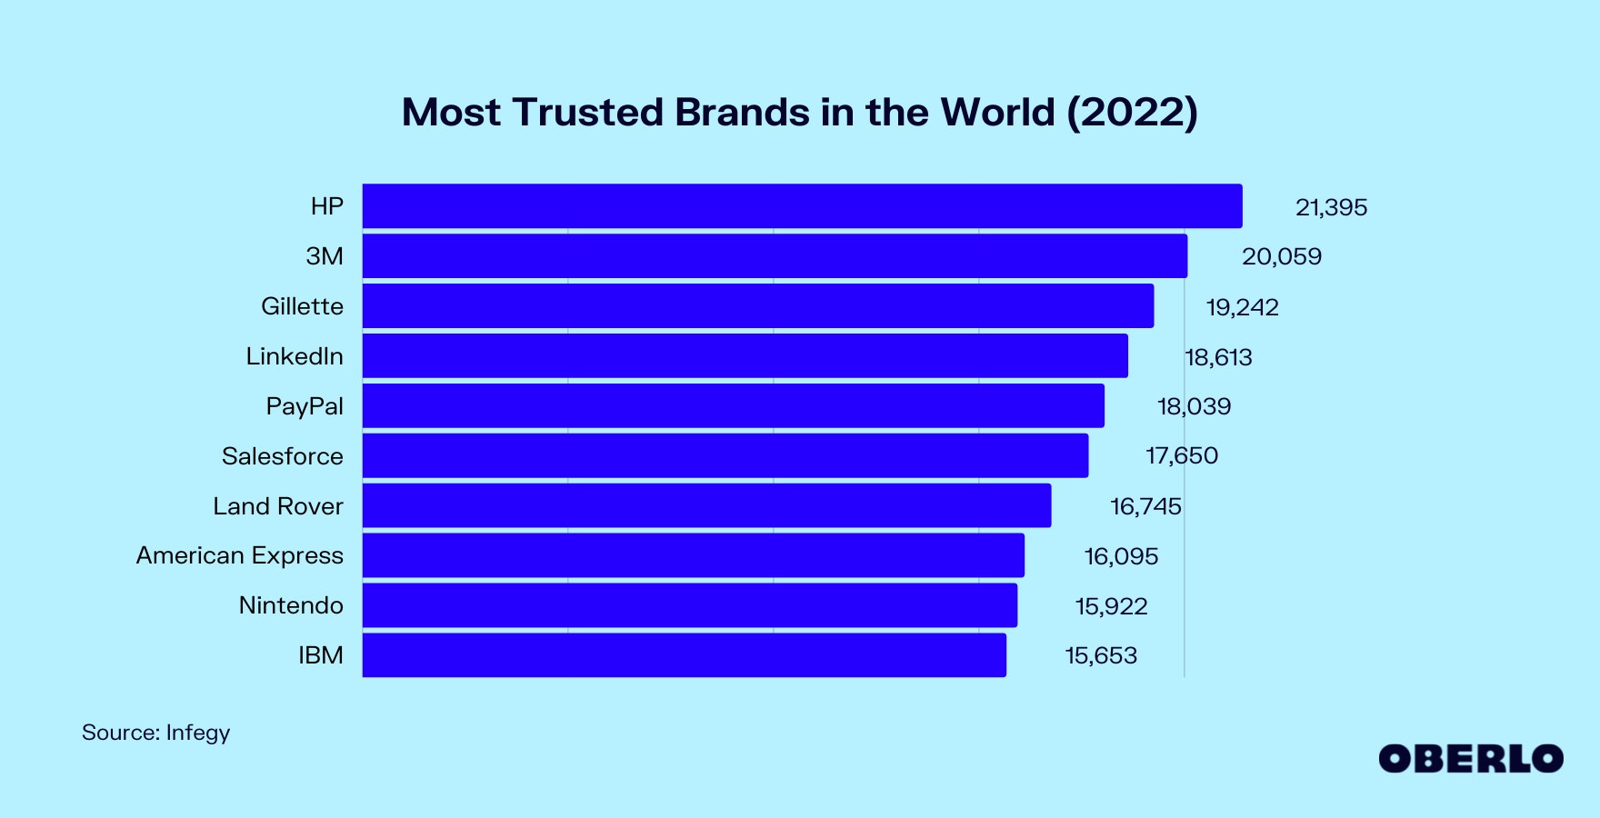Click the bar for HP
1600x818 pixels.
coord(802,206)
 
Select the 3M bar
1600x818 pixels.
coord(775,256)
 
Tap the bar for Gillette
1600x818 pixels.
coord(758,306)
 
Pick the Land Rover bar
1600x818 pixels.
coord(706,505)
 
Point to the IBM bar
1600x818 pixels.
coord(684,655)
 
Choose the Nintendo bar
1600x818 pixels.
coord(689,605)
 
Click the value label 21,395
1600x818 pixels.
coord(1331,207)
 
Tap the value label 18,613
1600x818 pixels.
coord(1218,357)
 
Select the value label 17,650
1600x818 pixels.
coord(1181,455)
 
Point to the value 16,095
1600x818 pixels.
coord(1121,556)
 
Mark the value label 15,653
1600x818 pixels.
coord(1101,655)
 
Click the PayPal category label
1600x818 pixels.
coord(305,406)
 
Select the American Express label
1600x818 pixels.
coord(240,555)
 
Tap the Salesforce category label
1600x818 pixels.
coord(283,456)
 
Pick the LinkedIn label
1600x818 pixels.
coord(295,356)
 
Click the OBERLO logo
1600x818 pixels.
coord(1470,759)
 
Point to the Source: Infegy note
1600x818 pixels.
coord(155,733)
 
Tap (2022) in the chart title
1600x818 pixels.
coord(1132,113)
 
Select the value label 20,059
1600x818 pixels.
coord(1282,256)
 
